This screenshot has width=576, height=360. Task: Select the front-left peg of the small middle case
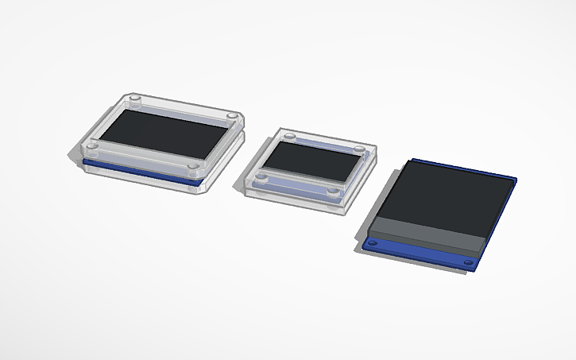click(259, 174)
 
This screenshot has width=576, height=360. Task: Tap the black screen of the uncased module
click(449, 195)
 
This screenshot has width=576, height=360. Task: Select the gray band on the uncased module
click(429, 233)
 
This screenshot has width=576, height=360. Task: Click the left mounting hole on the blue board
click(374, 241)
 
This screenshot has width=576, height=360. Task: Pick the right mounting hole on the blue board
click(464, 261)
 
